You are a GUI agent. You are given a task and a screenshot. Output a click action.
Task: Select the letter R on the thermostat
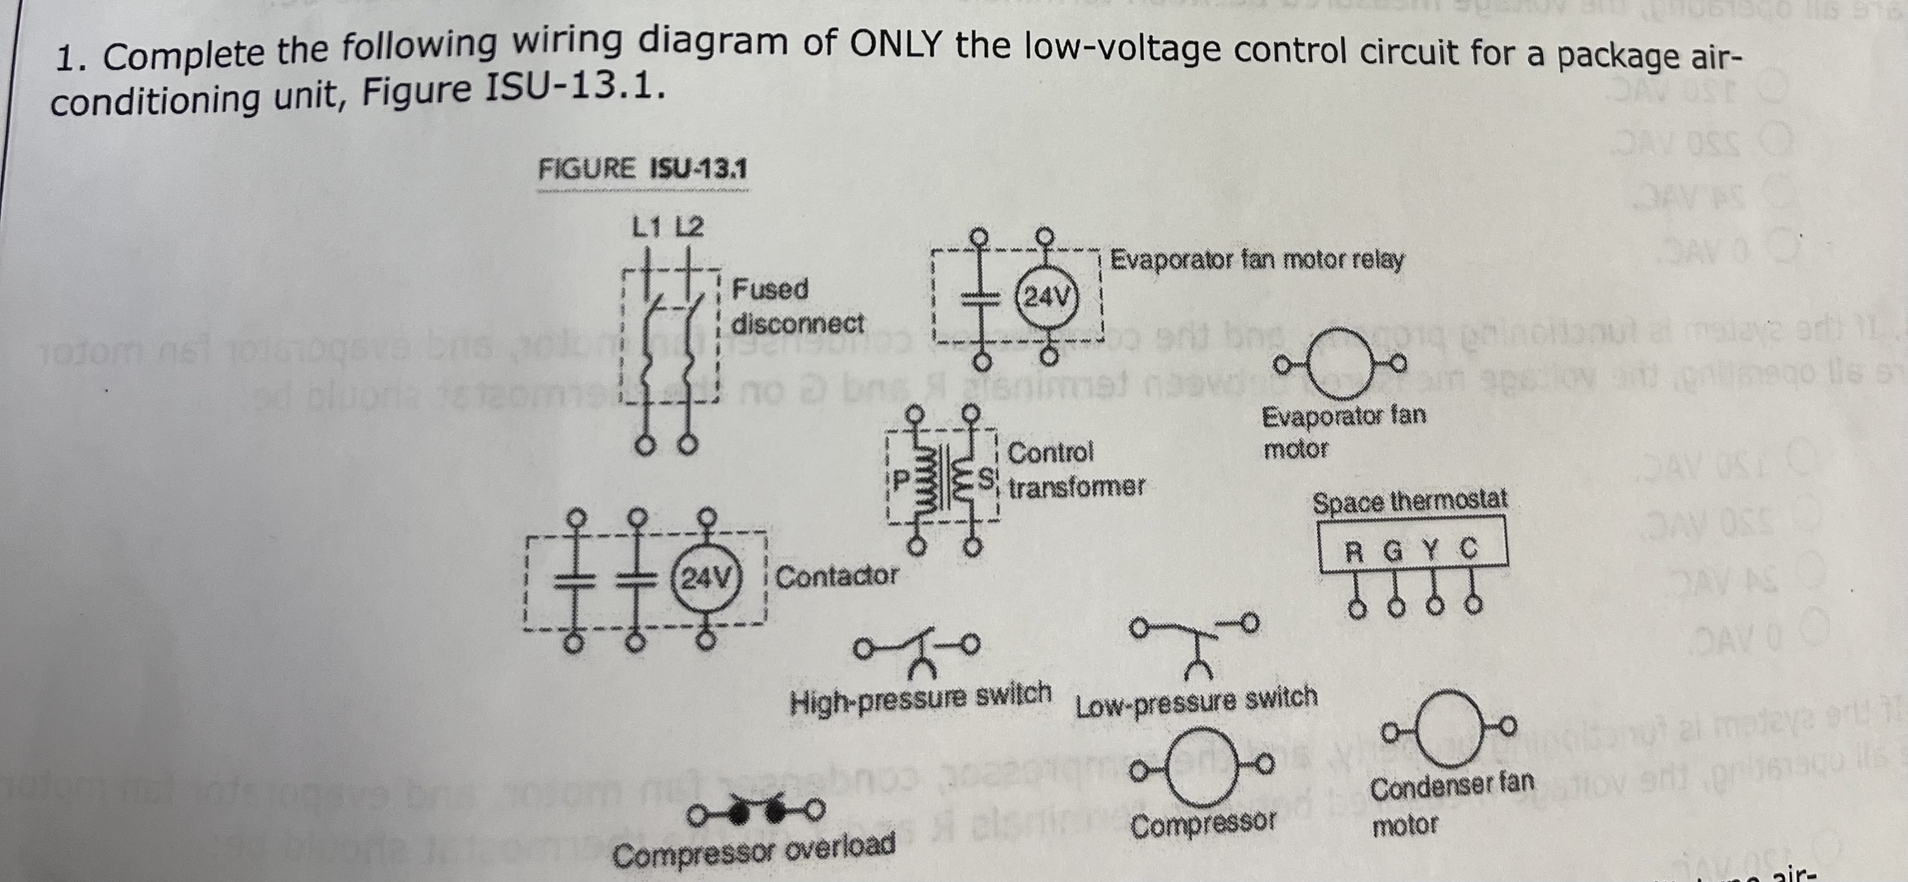tap(1353, 551)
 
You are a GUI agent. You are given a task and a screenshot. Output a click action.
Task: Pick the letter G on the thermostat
tap(1392, 551)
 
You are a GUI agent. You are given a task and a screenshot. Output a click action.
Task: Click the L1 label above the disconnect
tap(647, 227)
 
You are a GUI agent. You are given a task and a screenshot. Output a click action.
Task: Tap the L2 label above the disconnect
tap(689, 227)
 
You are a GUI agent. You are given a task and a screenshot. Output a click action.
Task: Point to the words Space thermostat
tap(1409, 501)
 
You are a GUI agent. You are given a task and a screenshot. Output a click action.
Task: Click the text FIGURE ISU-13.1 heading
tap(642, 170)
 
